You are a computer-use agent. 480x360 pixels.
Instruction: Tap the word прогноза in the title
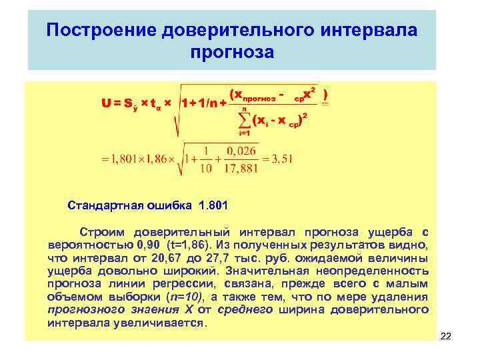pos(231,51)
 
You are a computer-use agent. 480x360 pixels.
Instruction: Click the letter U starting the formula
pos(106,103)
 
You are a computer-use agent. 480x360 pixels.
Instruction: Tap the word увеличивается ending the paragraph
pos(167,323)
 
